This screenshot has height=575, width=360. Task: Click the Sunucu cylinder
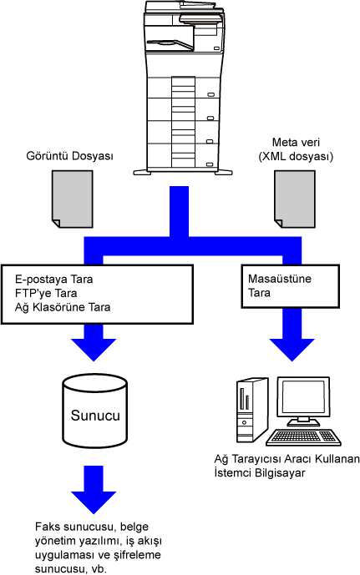95,411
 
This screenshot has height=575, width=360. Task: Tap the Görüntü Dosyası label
69,156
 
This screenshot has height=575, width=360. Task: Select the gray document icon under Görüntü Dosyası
72,199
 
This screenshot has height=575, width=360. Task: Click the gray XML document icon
295,199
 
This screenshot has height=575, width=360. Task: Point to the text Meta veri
296,142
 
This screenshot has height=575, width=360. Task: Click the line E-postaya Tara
54,280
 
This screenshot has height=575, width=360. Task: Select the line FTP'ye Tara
46,294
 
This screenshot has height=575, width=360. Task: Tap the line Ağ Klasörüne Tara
63,307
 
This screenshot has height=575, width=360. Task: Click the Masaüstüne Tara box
290,286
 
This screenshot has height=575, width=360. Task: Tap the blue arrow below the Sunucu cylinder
94,490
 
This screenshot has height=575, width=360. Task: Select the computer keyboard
303,437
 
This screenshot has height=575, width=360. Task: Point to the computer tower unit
251,410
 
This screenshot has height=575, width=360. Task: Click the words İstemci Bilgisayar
260,472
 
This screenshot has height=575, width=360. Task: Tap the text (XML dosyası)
296,157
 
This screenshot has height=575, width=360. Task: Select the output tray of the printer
170,43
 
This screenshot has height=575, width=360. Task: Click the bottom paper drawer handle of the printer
210,164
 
